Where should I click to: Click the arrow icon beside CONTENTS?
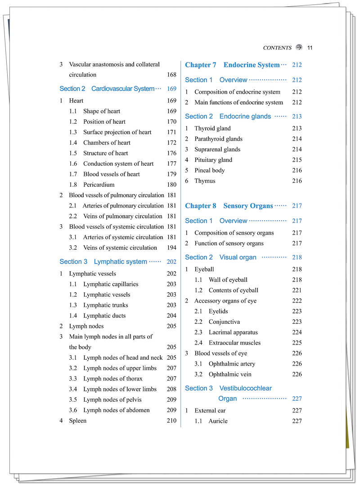pyautogui.click(x=299, y=48)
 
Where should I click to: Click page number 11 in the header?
pyautogui.click(x=310, y=48)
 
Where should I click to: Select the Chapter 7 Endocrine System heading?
pyautogui.click(x=232, y=65)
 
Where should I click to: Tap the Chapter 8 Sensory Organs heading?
pyautogui.click(x=229, y=206)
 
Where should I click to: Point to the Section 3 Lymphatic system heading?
pyautogui.click(x=103, y=262)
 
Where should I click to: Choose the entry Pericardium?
pyautogui.click(x=99, y=185)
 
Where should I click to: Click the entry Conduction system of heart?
pyautogui.click(x=118, y=164)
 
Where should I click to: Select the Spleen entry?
pyautogui.click(x=77, y=421)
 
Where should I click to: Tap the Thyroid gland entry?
pyautogui.click(x=212, y=128)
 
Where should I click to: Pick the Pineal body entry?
pyautogui.click(x=209, y=170)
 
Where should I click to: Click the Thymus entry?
pyautogui.click(x=205, y=181)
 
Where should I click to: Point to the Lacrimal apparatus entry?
pyautogui.click(x=233, y=332)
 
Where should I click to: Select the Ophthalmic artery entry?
pyautogui.click(x=232, y=364)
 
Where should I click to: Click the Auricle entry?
pyautogui.click(x=218, y=421)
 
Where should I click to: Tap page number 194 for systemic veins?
pyautogui.click(x=171, y=248)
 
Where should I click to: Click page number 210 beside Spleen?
pyautogui.click(x=171, y=421)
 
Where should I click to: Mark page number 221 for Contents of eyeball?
pyautogui.click(x=297, y=290)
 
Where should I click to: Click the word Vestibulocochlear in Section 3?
pyautogui.click(x=246, y=388)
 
